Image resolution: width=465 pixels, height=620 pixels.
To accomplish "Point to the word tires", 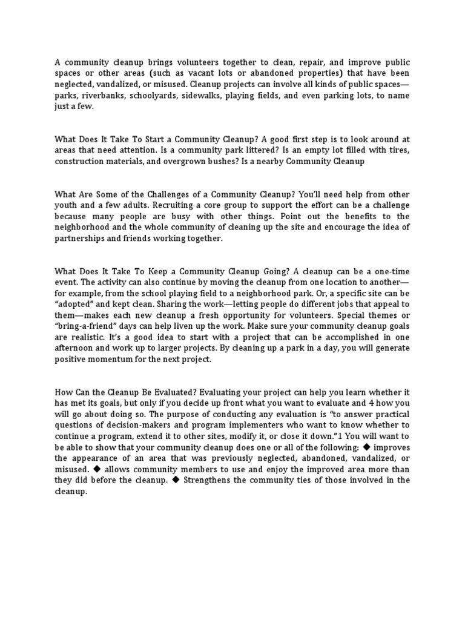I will tap(398, 150).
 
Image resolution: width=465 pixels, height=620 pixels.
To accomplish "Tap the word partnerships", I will tap(81, 239).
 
